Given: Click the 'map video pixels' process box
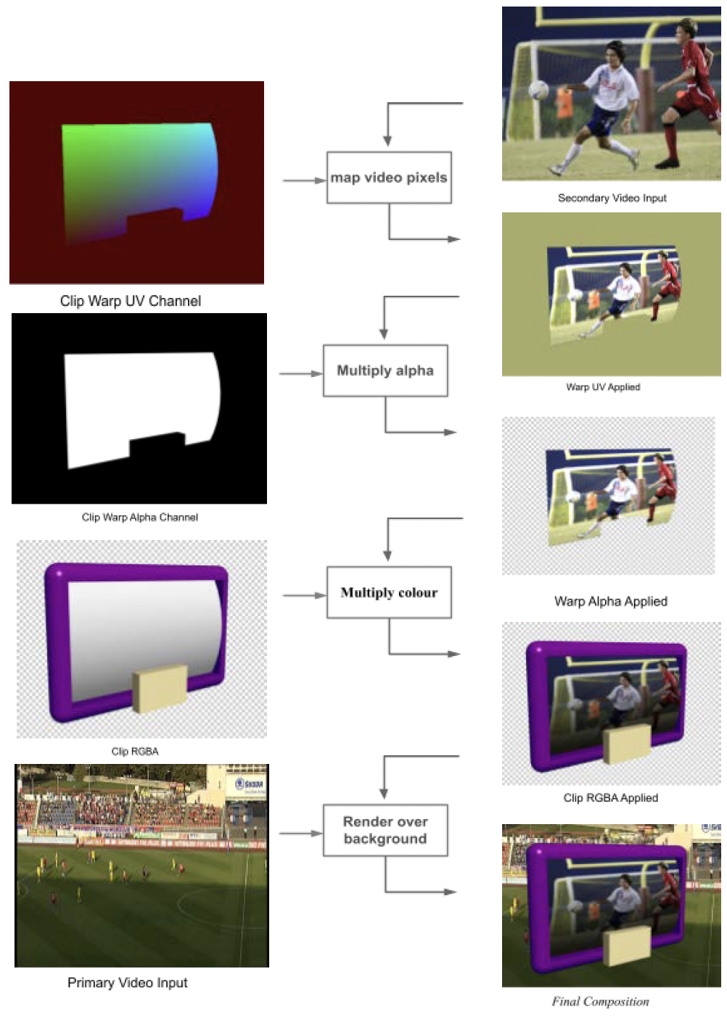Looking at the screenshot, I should (x=389, y=178).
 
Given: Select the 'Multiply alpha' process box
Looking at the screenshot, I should (x=385, y=370).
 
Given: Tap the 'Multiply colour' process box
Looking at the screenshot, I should (x=389, y=592).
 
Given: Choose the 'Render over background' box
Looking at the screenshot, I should (x=385, y=830).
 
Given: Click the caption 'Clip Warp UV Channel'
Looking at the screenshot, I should (x=131, y=301).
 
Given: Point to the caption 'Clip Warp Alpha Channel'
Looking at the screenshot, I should (x=140, y=517).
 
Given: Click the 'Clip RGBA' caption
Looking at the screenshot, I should (x=135, y=751).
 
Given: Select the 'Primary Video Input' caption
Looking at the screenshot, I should (x=128, y=983).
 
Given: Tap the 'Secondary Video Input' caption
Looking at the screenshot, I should (x=612, y=198).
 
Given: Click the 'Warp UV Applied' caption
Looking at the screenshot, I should (x=603, y=387).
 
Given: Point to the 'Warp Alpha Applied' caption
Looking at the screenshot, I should (x=611, y=601).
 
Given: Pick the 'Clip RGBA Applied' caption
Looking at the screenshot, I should (x=611, y=797).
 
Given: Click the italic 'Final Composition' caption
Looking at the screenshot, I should (x=601, y=1002).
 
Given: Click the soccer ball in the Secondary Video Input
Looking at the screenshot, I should (x=538, y=90).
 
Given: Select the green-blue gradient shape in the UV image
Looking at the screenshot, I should (x=138, y=170).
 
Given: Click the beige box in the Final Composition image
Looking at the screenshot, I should (x=627, y=944).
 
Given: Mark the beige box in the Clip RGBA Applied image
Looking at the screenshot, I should (x=627, y=744).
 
